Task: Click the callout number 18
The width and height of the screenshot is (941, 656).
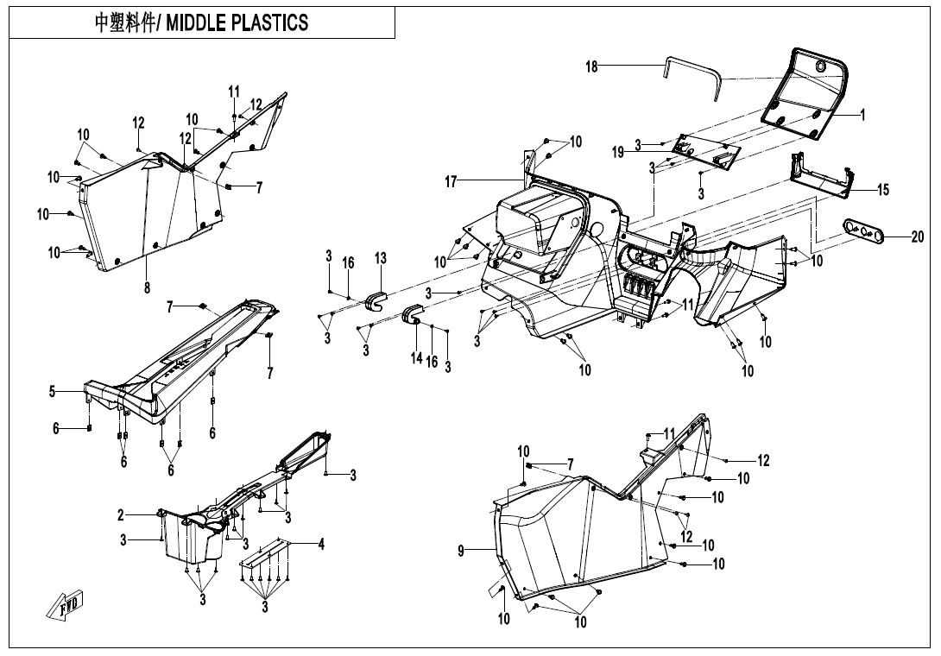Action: (592, 67)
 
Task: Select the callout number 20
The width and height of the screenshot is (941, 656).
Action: (917, 237)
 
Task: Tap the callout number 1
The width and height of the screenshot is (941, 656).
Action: (862, 113)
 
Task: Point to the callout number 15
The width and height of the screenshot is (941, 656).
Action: (883, 190)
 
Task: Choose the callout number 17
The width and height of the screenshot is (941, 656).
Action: (451, 181)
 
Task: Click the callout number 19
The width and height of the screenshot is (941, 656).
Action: (618, 152)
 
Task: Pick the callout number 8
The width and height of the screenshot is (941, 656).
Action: (147, 288)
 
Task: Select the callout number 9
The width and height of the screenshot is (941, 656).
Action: (462, 549)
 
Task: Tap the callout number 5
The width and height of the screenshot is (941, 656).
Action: (53, 392)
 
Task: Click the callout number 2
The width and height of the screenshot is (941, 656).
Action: (121, 515)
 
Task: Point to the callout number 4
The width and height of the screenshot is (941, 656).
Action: (321, 544)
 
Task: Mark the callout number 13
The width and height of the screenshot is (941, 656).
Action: (380, 258)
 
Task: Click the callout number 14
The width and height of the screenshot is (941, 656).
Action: (417, 357)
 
